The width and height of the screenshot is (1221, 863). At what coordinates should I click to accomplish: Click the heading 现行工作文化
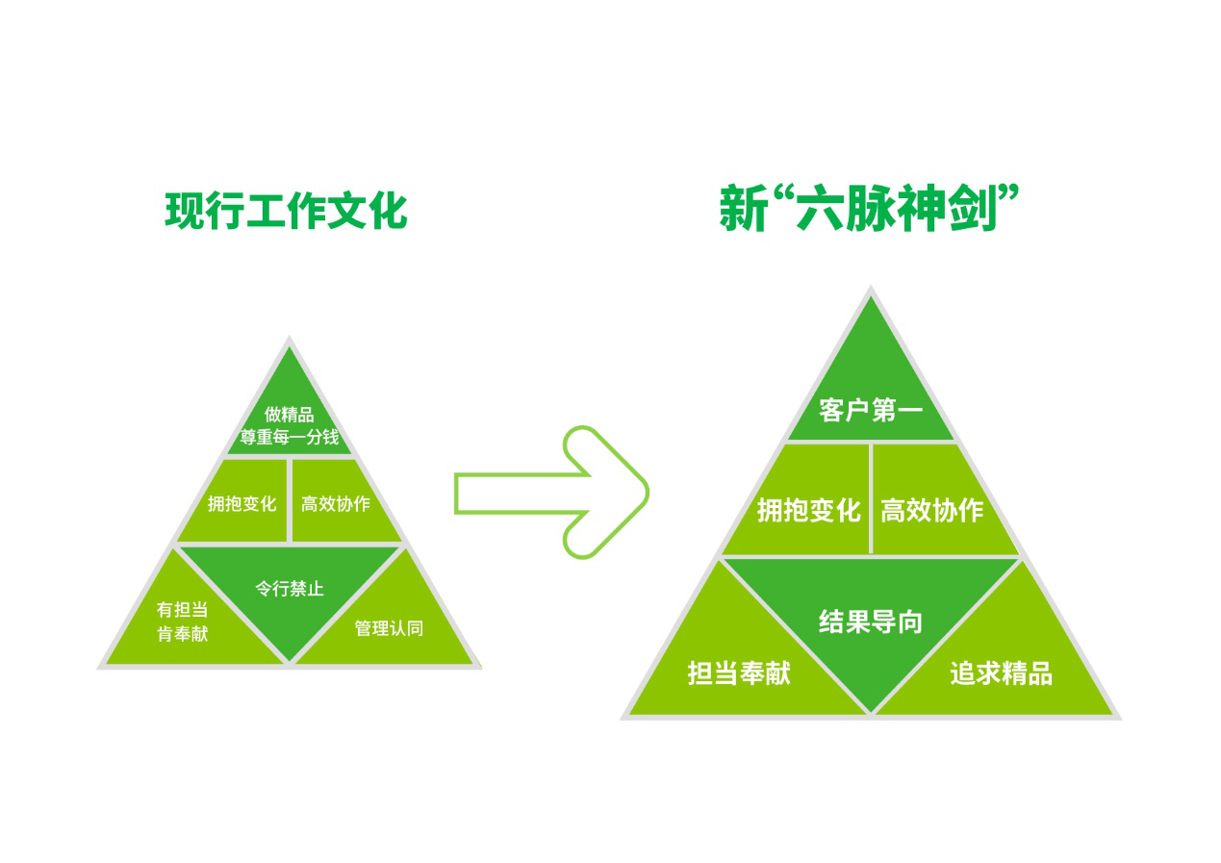click(x=286, y=211)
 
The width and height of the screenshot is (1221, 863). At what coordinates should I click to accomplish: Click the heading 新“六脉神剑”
click(x=869, y=208)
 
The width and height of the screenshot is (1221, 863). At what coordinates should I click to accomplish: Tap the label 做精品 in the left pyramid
click(x=289, y=415)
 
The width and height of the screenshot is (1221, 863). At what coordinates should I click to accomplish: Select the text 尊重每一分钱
click(x=290, y=437)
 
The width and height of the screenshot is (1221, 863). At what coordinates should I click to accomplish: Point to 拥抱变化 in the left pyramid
click(x=242, y=504)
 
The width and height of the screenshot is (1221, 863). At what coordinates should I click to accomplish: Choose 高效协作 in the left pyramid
click(x=336, y=504)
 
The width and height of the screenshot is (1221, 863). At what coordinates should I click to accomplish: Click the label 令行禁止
click(x=290, y=589)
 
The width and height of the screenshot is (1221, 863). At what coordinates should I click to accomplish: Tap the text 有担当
click(x=182, y=609)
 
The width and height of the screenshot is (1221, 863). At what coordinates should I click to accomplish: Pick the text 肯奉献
click(x=182, y=633)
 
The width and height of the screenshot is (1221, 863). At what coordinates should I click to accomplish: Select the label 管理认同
click(x=389, y=628)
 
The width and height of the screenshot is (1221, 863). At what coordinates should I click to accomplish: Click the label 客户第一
click(x=871, y=410)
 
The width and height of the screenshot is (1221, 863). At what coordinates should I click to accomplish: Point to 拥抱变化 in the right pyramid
click(x=809, y=510)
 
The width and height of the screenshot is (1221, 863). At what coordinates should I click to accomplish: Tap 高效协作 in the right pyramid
click(x=932, y=510)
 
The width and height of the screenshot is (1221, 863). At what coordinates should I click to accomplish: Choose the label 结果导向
click(x=871, y=622)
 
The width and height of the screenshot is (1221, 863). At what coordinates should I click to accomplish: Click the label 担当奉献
click(x=739, y=673)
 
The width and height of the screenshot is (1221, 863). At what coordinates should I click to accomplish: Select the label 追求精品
click(x=1001, y=673)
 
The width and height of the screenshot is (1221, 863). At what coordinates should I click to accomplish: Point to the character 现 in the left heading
click(x=185, y=211)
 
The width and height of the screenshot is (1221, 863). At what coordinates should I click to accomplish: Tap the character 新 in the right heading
click(x=744, y=208)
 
